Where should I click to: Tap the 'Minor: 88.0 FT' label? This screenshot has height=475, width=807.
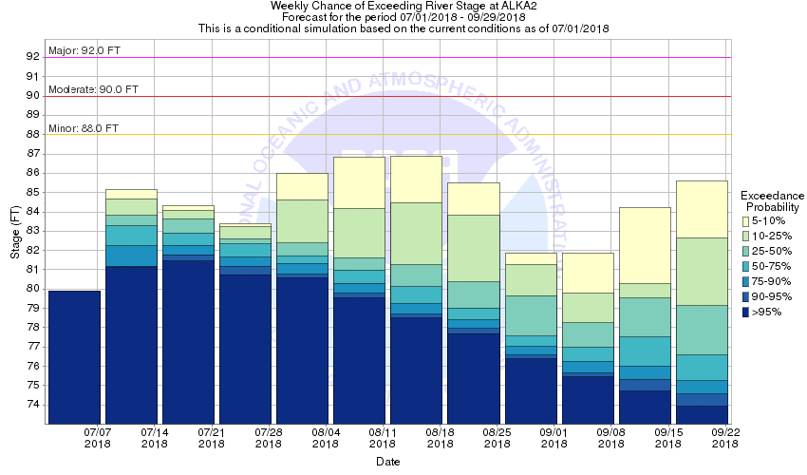[x=84, y=127]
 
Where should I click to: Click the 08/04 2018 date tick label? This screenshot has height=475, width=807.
[x=326, y=438]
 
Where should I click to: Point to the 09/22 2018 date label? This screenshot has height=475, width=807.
[x=725, y=438]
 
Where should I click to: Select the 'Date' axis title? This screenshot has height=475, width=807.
[x=386, y=462]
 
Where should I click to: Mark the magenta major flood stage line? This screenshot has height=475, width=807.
[x=380, y=57]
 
